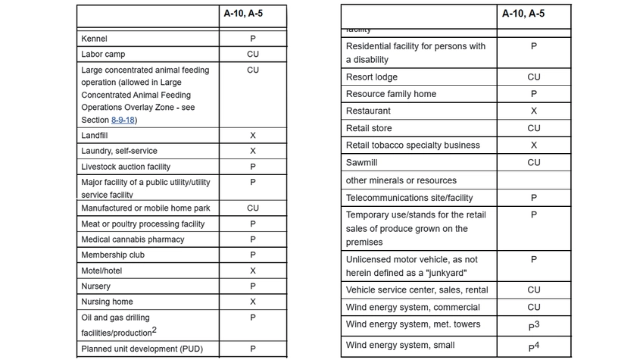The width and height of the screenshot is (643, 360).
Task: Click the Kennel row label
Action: pyautogui.click(x=94, y=39)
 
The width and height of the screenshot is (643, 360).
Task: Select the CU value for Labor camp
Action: pyautogui.click(x=252, y=55)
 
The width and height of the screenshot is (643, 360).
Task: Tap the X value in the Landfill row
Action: pyautogui.click(x=252, y=136)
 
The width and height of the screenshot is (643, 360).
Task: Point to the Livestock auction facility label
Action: pyautogui.click(x=126, y=167)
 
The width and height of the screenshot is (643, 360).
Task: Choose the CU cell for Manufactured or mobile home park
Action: pyautogui.click(x=252, y=208)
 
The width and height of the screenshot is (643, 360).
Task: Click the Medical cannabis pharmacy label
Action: pyautogui.click(x=133, y=239)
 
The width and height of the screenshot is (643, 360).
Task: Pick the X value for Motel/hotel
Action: pyautogui.click(x=252, y=271)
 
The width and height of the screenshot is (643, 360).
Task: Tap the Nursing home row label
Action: pyautogui.click(x=107, y=302)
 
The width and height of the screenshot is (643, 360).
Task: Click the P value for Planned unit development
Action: pyautogui.click(x=252, y=349)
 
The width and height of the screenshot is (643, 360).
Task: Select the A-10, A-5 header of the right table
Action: pyautogui.click(x=523, y=14)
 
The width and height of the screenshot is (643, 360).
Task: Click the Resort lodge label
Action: pyautogui.click(x=371, y=77)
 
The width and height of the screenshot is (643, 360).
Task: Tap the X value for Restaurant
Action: pyautogui.click(x=534, y=111)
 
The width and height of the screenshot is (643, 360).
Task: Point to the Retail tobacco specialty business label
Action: pyautogui.click(x=414, y=146)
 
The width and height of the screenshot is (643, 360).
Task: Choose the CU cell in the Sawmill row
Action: pyautogui.click(x=534, y=162)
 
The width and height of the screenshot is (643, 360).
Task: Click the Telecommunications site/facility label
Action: pyautogui.click(x=409, y=198)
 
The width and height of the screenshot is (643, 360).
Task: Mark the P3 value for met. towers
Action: pyautogui.click(x=534, y=326)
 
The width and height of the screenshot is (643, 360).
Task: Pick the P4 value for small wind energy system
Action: pyautogui.click(x=534, y=346)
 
